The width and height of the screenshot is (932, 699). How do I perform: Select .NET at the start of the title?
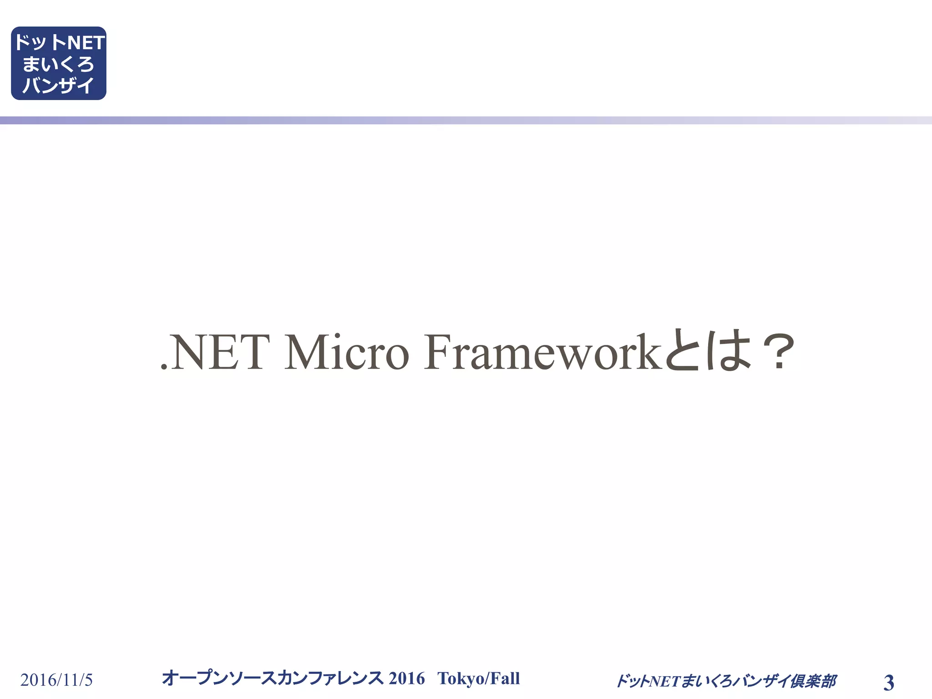coord(214,352)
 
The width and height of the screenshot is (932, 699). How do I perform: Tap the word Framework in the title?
coord(542,352)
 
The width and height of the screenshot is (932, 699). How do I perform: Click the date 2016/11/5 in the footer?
coord(56,680)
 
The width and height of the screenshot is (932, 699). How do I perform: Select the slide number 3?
coord(888,683)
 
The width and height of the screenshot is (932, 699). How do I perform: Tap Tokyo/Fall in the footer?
coord(478,678)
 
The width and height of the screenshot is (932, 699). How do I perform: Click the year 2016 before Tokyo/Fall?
coord(406,678)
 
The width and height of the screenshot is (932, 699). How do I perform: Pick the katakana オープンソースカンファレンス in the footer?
coord(273,678)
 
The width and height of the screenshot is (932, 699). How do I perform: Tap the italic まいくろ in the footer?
coord(704,681)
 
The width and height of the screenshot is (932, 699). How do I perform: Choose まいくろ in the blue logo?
coord(58,64)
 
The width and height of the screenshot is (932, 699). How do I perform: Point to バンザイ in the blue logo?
coord(58,85)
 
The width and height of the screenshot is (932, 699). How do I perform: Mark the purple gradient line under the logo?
coord(466,120)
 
